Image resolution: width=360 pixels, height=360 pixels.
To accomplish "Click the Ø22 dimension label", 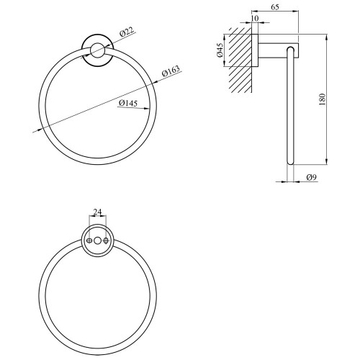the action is click(127, 32).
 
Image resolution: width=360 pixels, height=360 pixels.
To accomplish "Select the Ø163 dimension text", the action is click(171, 71).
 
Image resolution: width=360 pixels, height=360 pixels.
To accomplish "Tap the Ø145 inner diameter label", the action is click(128, 103).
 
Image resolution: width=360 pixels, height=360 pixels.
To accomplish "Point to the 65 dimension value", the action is click(275, 7).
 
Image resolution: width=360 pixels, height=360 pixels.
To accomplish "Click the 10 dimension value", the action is click(255, 18).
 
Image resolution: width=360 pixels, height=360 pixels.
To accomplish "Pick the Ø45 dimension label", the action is click(220, 50).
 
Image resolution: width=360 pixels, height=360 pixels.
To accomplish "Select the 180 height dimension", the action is click(322, 99).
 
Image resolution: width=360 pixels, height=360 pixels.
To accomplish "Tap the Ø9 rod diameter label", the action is click(312, 177).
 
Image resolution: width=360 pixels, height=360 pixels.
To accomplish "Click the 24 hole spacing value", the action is click(97, 212).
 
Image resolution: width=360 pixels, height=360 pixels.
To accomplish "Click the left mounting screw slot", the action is click(89, 240).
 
